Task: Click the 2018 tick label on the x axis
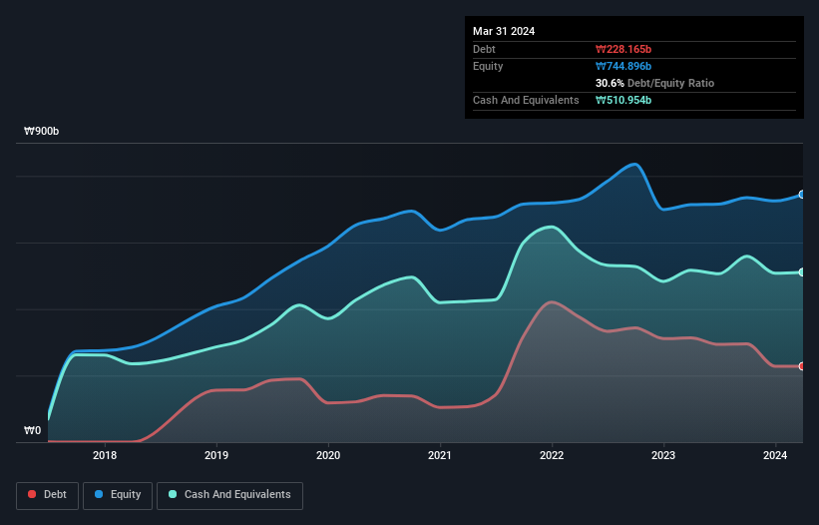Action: [x=105, y=456]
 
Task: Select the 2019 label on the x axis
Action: [x=216, y=456]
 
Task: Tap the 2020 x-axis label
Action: [x=328, y=456]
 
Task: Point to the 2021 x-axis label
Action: [x=440, y=456]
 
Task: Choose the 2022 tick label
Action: [x=552, y=456]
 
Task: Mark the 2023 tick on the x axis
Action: [x=663, y=456]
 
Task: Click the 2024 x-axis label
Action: [x=775, y=456]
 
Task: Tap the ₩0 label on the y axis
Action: [x=33, y=431]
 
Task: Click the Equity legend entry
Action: [x=118, y=495]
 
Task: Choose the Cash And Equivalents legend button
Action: [x=229, y=495]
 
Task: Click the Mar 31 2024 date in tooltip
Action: [x=504, y=31]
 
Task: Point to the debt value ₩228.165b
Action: [x=625, y=49]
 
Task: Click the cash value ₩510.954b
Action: [x=625, y=100]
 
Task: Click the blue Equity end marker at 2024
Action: [x=802, y=195]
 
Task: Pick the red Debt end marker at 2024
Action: [x=802, y=366]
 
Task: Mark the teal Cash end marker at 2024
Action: [x=802, y=272]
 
